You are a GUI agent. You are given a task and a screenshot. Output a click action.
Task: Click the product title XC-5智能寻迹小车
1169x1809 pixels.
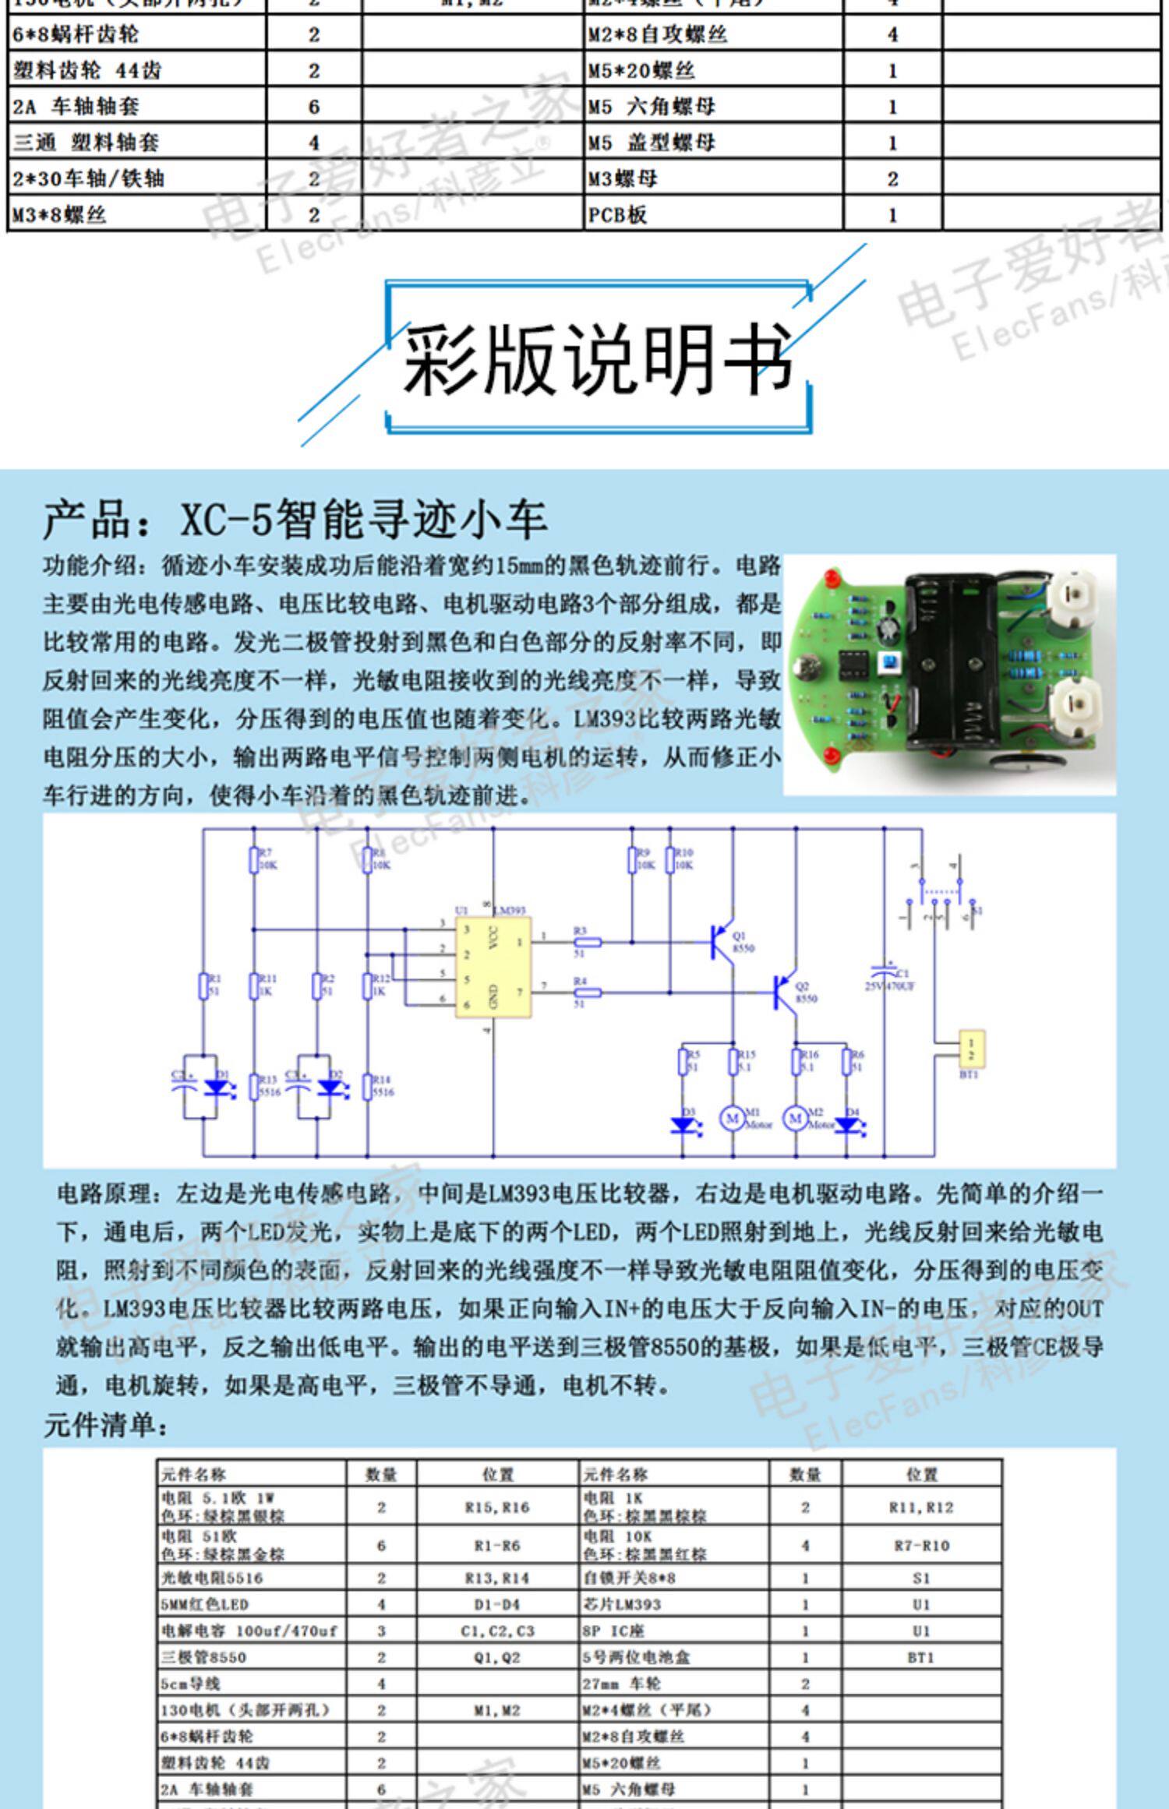click(295, 520)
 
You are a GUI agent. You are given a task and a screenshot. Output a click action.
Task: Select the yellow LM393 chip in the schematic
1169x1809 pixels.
click(493, 967)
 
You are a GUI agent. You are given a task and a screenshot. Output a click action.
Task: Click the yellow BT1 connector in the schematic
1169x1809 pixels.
click(970, 1049)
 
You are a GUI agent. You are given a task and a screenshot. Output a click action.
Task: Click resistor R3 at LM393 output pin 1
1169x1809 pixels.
click(587, 942)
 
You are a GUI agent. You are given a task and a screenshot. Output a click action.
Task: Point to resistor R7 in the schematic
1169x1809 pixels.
click(253, 860)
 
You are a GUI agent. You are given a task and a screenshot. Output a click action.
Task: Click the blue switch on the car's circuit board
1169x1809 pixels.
click(887, 662)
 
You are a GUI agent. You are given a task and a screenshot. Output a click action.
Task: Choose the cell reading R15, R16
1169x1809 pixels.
click(497, 1507)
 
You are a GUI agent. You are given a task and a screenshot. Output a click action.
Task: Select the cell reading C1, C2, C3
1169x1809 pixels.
click(497, 1631)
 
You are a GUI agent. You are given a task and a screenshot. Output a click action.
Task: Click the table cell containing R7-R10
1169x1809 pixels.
click(921, 1546)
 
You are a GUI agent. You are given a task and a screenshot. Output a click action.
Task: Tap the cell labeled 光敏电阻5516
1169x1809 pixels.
click(212, 1578)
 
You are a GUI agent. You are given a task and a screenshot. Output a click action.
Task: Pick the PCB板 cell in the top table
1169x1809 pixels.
click(617, 215)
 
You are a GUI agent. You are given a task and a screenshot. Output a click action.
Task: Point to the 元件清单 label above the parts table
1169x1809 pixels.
click(105, 1426)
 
